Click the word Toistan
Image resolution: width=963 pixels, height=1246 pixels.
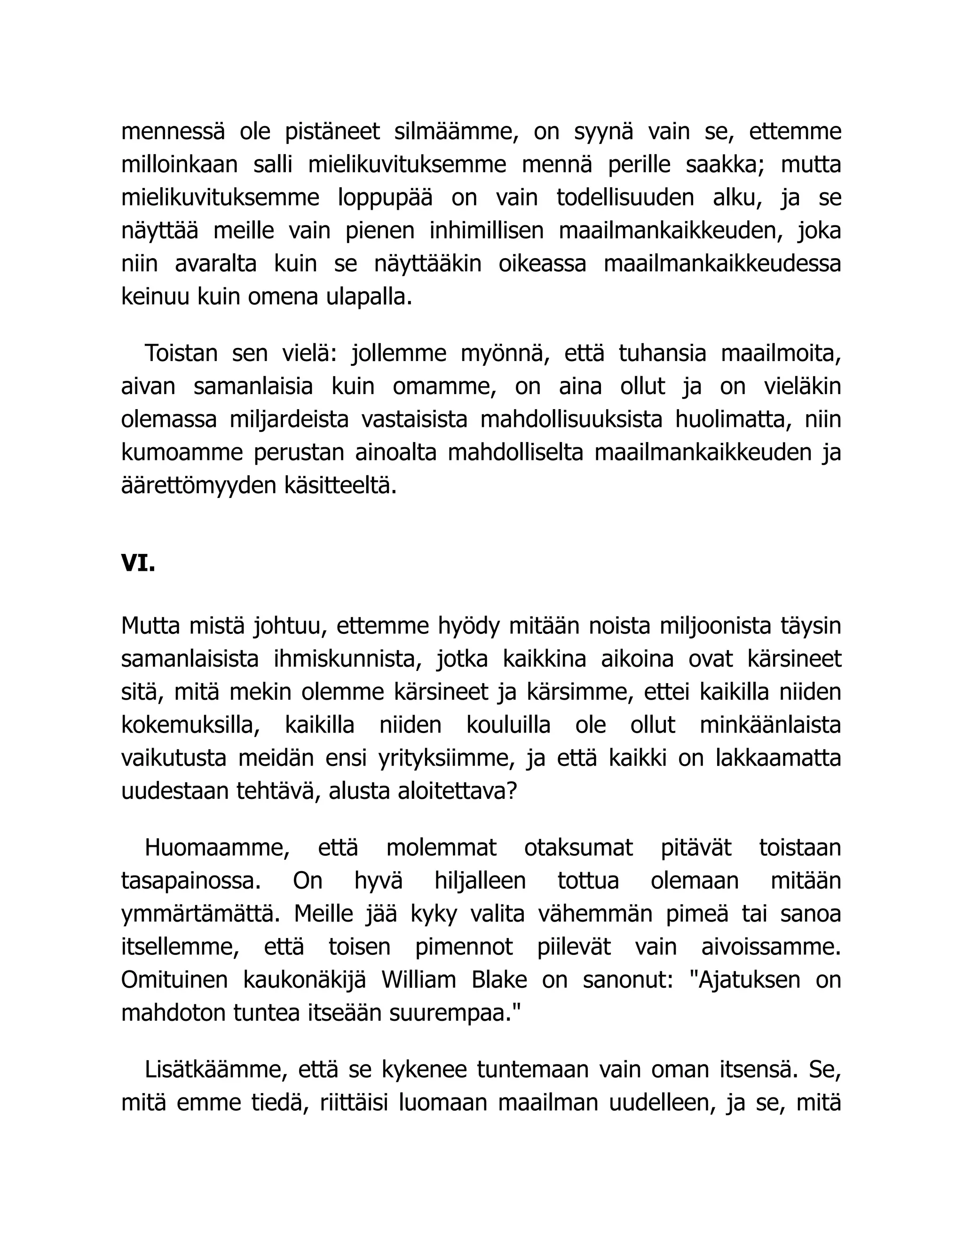[x=182, y=354]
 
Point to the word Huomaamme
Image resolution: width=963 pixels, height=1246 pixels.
[x=217, y=848]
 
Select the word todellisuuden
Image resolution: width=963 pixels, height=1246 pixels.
[x=625, y=198]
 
